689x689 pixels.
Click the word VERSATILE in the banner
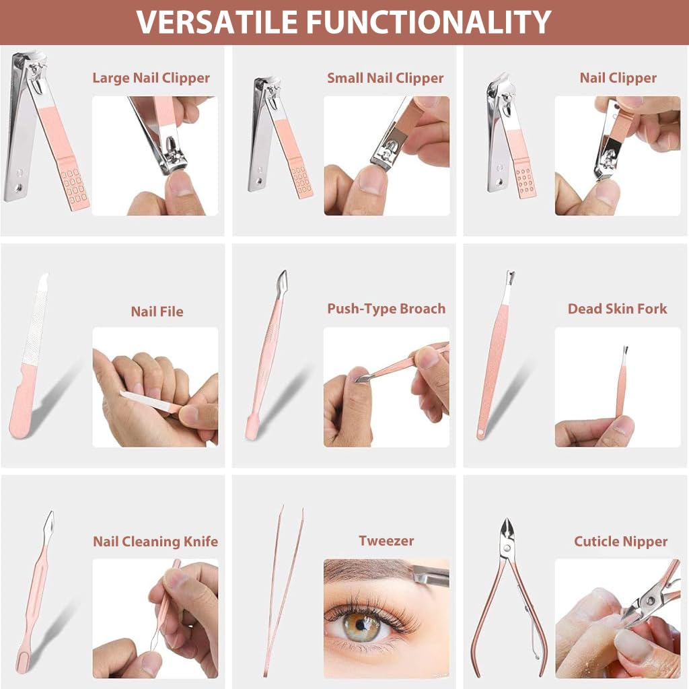pos(217,22)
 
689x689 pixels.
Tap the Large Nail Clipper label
pos(151,78)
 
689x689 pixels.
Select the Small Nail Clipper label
pos(386,78)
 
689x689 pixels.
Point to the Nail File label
pos(157,312)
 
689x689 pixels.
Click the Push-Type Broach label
pos(386,309)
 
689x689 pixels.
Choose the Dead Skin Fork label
pos(618,309)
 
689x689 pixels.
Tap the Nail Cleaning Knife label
pos(155,542)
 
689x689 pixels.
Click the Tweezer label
pos(386,541)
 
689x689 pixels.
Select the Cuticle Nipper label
pos(620,542)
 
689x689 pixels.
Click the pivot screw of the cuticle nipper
pos(507,548)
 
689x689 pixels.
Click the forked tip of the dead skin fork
pos(510,278)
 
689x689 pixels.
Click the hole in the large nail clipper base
pos(18,188)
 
